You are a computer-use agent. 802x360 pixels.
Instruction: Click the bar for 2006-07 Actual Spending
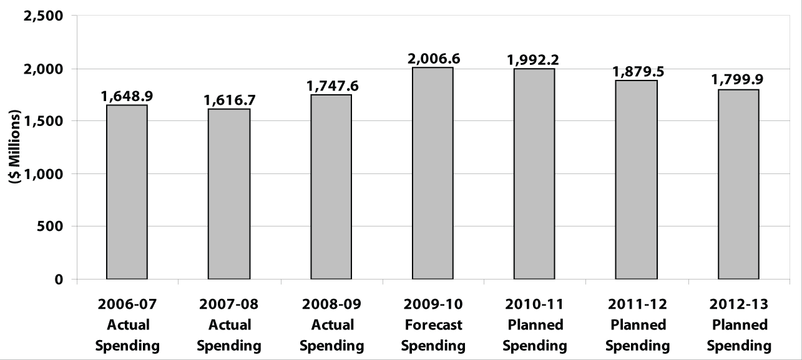tap(127, 192)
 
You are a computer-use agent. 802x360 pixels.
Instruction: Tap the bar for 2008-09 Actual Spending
tap(331, 187)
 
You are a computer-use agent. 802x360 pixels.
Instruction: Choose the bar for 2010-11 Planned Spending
tap(534, 174)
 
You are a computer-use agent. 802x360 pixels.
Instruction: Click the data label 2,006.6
tap(433, 59)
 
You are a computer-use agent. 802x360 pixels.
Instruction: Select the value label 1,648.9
tap(127, 97)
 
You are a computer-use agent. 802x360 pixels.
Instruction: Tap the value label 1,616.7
tap(229, 100)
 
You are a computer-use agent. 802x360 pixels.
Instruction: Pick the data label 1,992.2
tap(534, 60)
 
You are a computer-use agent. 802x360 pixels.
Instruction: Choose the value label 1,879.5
tap(637, 72)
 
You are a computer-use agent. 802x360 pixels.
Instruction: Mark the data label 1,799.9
tap(738, 80)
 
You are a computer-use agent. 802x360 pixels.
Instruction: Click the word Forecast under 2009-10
tap(433, 325)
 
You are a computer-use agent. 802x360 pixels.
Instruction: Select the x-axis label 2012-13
tap(738, 304)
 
